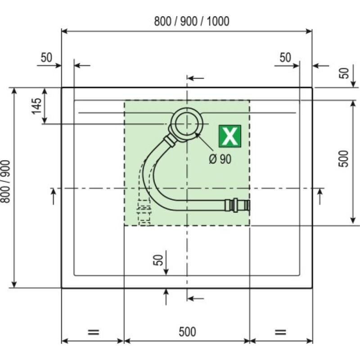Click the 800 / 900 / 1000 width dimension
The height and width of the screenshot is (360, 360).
point(192,21)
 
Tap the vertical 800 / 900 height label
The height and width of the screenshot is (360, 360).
point(5,182)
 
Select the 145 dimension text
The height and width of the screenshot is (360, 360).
point(37,106)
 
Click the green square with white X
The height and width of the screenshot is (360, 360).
point(230,136)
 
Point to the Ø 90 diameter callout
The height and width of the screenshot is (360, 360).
point(220,159)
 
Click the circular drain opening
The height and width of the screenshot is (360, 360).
point(187,123)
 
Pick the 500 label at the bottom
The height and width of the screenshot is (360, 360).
point(187,332)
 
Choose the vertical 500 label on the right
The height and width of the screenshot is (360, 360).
point(344,159)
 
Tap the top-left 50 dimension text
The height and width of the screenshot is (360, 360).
point(46,58)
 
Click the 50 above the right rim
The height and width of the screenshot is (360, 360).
point(285,58)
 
